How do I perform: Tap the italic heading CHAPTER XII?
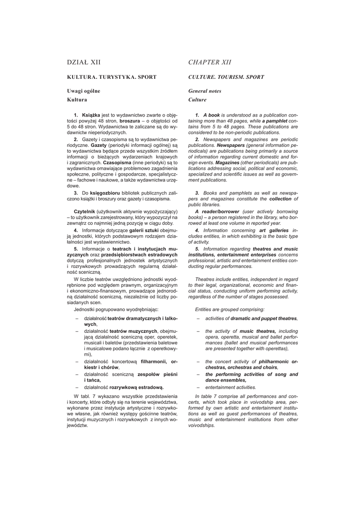pyautogui.click(x=210, y=62)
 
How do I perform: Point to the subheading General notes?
pyautogui.click(x=205, y=91)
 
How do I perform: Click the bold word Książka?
pyautogui.click(x=91, y=115)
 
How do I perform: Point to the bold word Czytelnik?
pyautogui.click(x=84, y=212)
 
